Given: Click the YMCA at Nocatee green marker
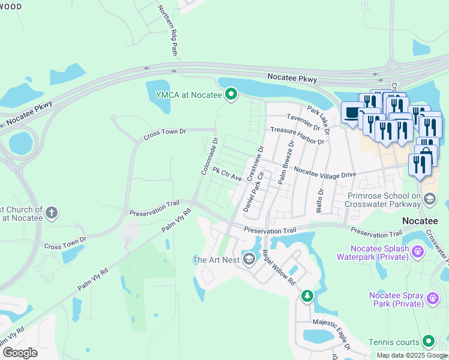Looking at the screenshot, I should [x=231, y=94].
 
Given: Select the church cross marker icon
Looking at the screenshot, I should [x=52, y=212].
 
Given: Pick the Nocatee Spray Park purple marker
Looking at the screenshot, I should [x=432, y=298].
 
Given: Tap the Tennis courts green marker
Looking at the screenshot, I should [x=428, y=341].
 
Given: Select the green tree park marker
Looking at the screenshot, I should [x=307, y=296].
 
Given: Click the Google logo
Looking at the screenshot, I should [x=20, y=352].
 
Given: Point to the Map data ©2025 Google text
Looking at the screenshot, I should [x=411, y=355].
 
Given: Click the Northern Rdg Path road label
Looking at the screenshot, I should [x=168, y=31].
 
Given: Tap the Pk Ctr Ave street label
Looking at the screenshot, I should [x=227, y=175].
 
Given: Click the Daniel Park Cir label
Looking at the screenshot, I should [x=254, y=193].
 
